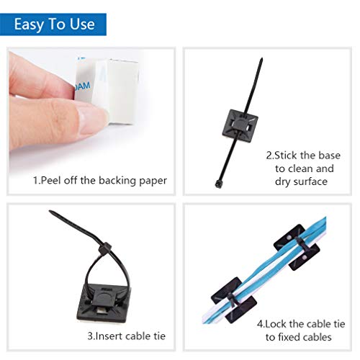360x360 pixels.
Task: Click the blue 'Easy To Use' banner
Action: coord(54,23)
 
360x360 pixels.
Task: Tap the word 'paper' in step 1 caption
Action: coord(153,181)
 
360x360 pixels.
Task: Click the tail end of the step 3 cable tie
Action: coord(52,212)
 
